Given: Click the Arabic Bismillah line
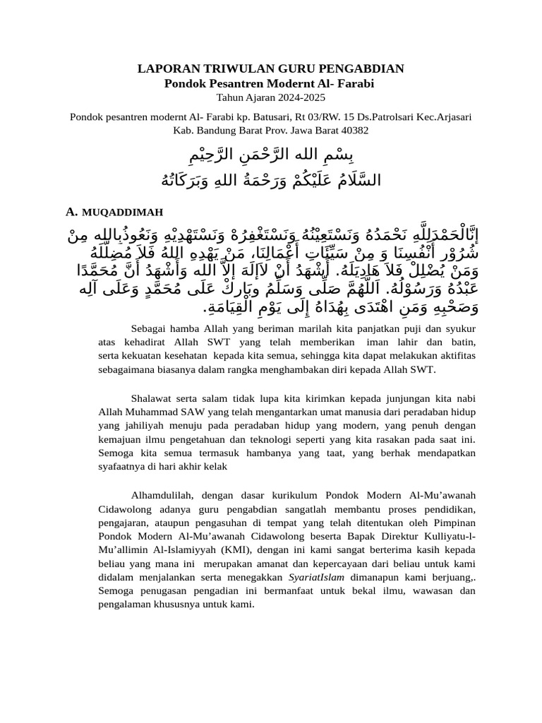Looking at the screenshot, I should tap(271, 155).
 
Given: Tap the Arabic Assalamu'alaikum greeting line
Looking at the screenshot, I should tap(271, 180).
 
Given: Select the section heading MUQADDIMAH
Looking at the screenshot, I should tap(122, 212).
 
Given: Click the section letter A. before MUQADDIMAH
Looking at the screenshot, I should tap(71, 211).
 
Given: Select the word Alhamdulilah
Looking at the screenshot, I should tap(167, 495).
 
